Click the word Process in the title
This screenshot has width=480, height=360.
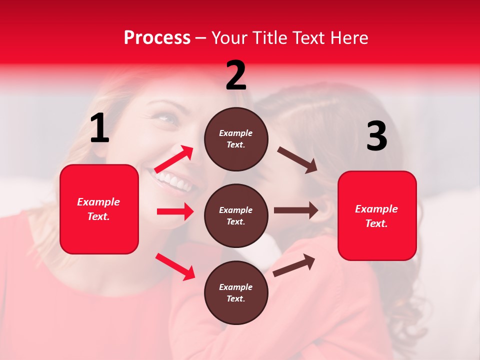click(x=157, y=38)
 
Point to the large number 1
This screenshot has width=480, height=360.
click(x=99, y=129)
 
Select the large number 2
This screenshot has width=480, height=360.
click(x=236, y=75)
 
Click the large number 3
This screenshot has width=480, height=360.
click(x=376, y=136)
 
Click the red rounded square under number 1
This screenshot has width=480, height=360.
click(x=99, y=209)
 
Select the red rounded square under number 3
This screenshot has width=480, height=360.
click(x=377, y=215)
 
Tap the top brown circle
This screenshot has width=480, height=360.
click(x=236, y=139)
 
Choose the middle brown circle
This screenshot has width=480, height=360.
click(x=236, y=215)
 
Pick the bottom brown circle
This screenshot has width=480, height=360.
click(x=236, y=292)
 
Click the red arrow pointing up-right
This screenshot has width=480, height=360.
click(x=173, y=159)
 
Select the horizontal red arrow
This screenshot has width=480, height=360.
click(x=175, y=211)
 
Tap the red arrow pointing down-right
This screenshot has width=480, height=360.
click(x=175, y=266)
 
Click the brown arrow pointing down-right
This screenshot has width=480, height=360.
click(x=297, y=160)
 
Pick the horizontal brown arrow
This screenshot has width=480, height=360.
click(x=296, y=210)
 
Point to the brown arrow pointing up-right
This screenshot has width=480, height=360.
click(x=294, y=265)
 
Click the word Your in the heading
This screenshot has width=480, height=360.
click(x=230, y=38)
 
